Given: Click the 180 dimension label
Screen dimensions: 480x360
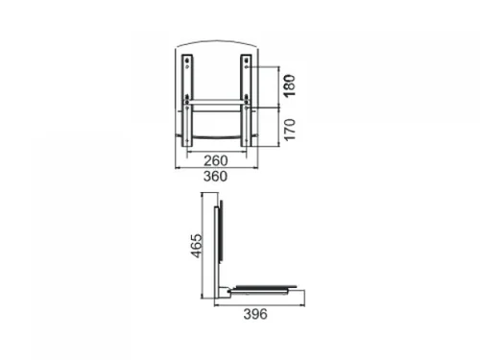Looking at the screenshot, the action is (290, 85).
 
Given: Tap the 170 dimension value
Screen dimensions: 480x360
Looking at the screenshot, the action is (290, 130).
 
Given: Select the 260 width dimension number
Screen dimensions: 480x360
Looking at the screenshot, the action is (216, 160).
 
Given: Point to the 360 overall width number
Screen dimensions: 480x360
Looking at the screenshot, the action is (215, 177).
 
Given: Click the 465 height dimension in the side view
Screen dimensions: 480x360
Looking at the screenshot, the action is (197, 246).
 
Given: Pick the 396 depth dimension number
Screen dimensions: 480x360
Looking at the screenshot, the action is (255, 314).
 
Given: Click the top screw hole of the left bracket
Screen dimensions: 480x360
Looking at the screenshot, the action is (187, 60).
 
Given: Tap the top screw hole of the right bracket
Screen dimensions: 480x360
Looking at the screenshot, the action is (246, 60).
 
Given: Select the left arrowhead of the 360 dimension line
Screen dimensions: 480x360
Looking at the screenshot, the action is (177, 167).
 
